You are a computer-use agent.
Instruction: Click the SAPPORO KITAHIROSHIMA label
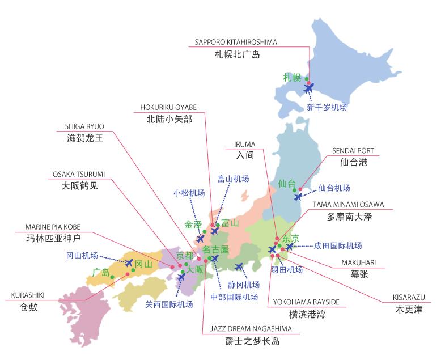tap(235, 42)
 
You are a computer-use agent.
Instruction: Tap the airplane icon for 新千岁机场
tap(309, 88)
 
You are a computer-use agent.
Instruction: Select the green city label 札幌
tap(293, 78)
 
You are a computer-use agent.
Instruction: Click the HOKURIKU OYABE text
tap(168, 107)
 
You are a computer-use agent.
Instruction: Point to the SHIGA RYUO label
tap(85, 126)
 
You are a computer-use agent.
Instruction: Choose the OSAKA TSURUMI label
tap(79, 174)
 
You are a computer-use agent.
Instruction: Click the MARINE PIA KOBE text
tap(53, 227)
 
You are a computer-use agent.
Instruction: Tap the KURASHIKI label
tap(28, 295)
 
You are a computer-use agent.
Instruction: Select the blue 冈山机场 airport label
tap(82, 255)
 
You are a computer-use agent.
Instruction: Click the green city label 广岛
tap(100, 273)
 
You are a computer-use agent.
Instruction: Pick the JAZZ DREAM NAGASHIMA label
tap(251, 328)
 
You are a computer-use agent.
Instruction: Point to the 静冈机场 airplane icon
tap(239, 266)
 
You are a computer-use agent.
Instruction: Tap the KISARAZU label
tap(409, 297)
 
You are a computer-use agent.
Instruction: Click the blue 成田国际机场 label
tap(338, 245)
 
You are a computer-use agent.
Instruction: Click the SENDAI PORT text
tap(353, 151)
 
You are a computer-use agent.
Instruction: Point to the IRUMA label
tap(244, 144)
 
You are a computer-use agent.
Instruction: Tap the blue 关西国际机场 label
tap(169, 304)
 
